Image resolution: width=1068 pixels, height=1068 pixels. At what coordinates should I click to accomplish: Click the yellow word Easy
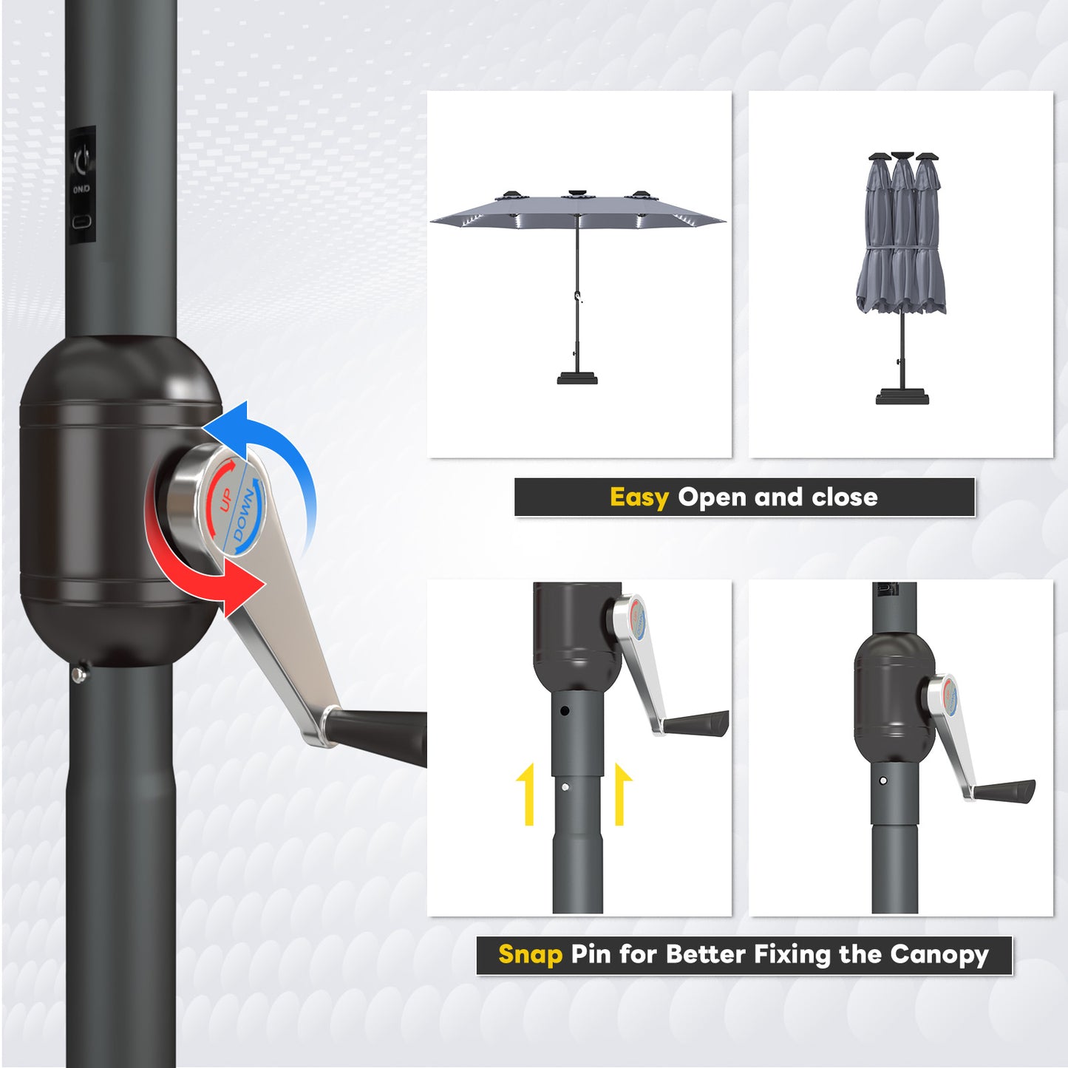(639, 497)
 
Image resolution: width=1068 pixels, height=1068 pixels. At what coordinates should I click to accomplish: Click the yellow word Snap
(530, 954)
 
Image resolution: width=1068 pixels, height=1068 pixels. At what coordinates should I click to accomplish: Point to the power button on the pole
(81, 157)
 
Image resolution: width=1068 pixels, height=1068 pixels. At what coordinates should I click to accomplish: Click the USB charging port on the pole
(81, 222)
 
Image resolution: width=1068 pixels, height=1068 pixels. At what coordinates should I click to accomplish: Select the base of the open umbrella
(577, 378)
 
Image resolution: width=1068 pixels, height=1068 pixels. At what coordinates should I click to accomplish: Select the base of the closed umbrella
(902, 397)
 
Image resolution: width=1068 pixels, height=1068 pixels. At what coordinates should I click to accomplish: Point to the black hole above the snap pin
(565, 711)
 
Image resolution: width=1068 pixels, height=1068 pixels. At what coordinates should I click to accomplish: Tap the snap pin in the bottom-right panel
(883, 780)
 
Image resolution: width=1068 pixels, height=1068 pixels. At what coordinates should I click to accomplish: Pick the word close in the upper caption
(845, 497)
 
